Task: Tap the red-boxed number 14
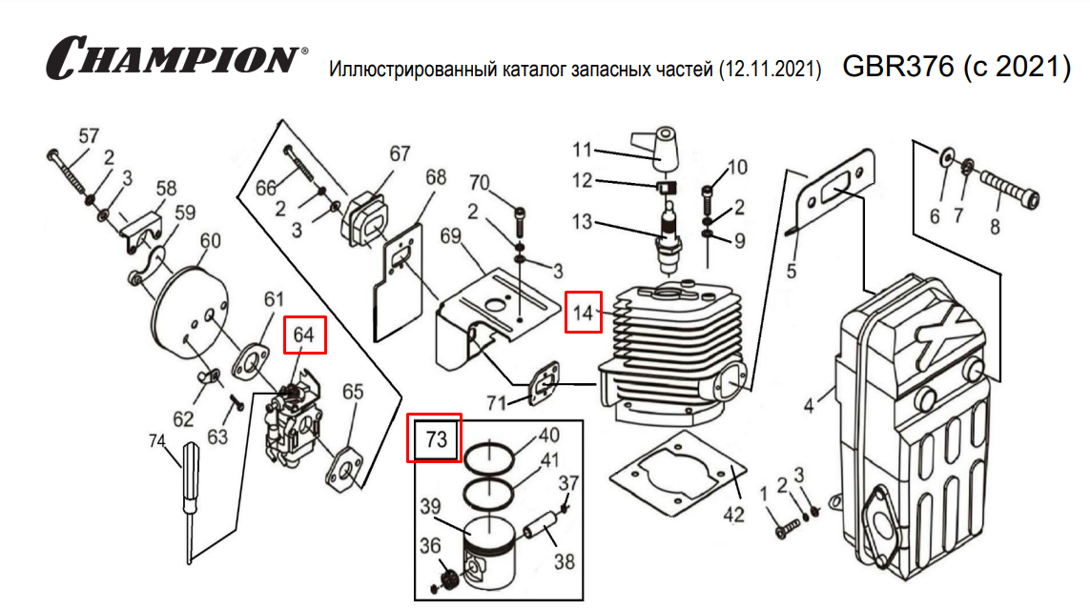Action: point(584,312)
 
